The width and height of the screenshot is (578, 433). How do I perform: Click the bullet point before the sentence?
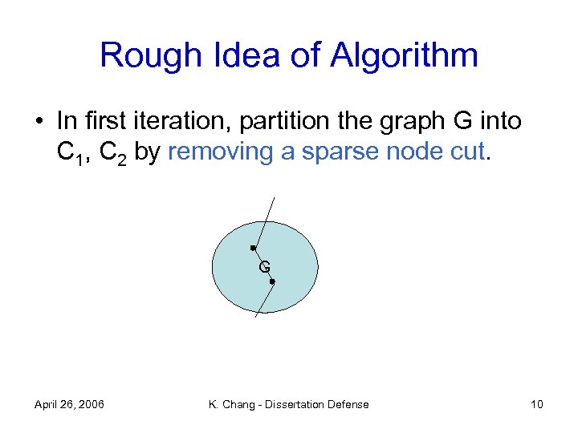[39, 122]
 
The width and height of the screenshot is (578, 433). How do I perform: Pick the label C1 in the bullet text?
[70, 152]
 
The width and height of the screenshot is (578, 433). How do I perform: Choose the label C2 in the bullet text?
[112, 152]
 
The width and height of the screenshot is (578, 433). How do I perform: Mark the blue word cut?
[466, 152]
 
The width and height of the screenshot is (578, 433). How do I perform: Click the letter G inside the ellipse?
[264, 267]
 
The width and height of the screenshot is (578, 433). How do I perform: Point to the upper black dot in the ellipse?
[253, 249]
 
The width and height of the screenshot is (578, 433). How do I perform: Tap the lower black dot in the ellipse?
[273, 282]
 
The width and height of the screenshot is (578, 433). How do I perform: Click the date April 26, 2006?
[69, 404]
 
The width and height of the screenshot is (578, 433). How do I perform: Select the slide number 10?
[536, 404]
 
